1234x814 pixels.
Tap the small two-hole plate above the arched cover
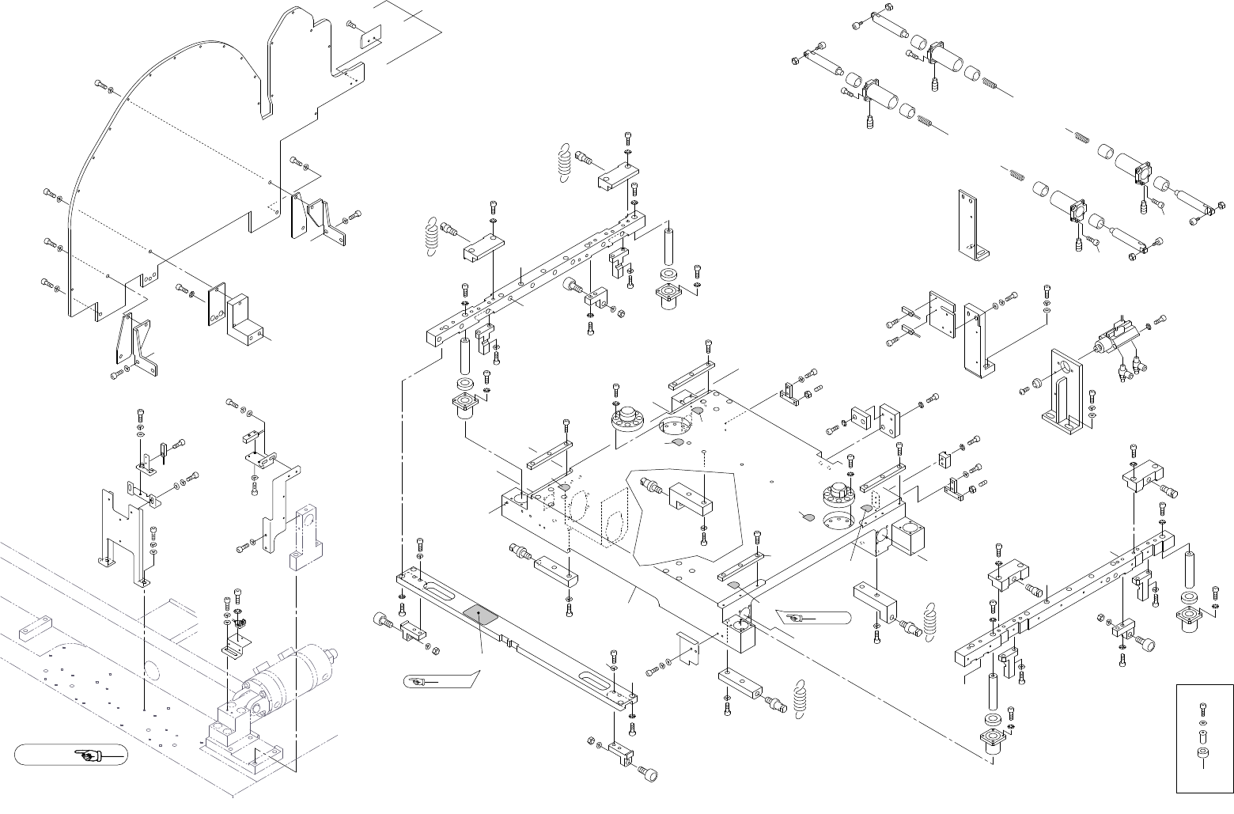(369, 36)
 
